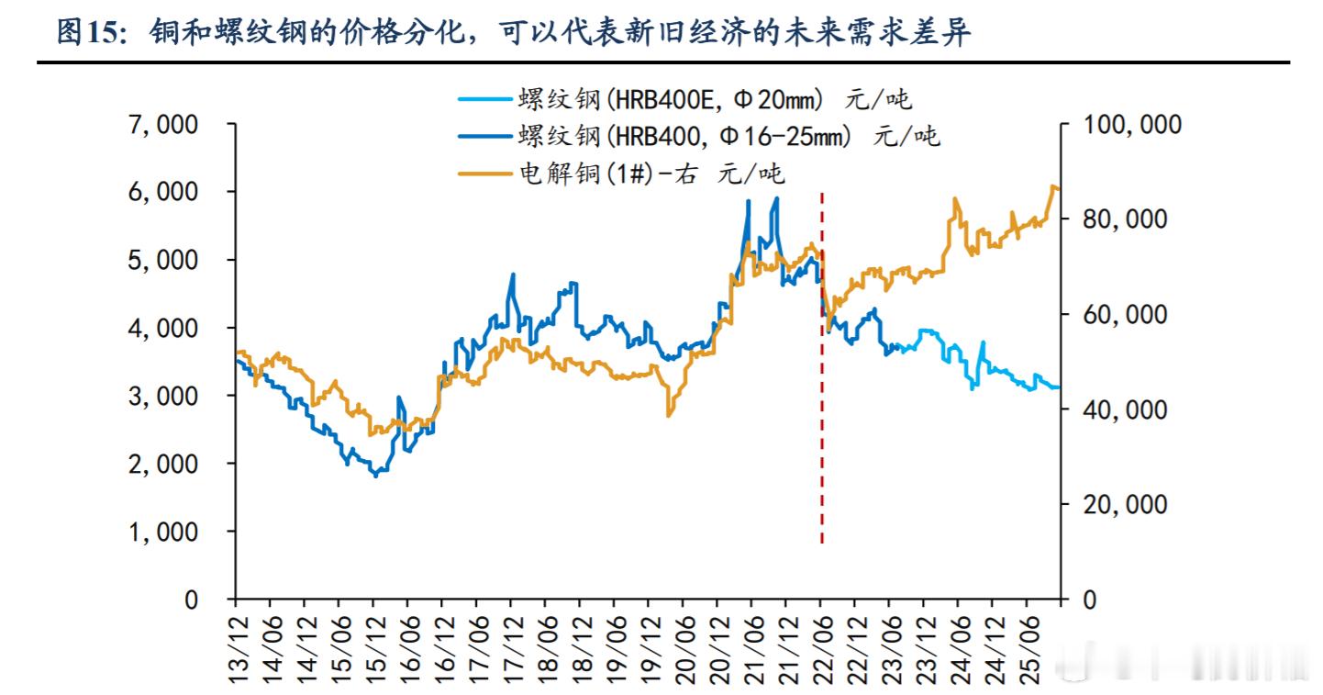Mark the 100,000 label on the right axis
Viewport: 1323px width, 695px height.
coord(1129,124)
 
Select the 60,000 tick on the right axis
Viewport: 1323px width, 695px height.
coord(1122,314)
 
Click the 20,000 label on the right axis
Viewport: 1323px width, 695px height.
coord(1122,504)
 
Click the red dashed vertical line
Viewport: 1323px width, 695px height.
coord(821,367)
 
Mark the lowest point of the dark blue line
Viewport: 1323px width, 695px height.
coord(375,476)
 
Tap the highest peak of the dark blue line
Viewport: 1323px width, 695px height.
coord(778,197)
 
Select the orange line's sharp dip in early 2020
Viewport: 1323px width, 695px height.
coord(669,416)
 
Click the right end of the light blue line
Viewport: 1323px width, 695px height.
coord(1058,387)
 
